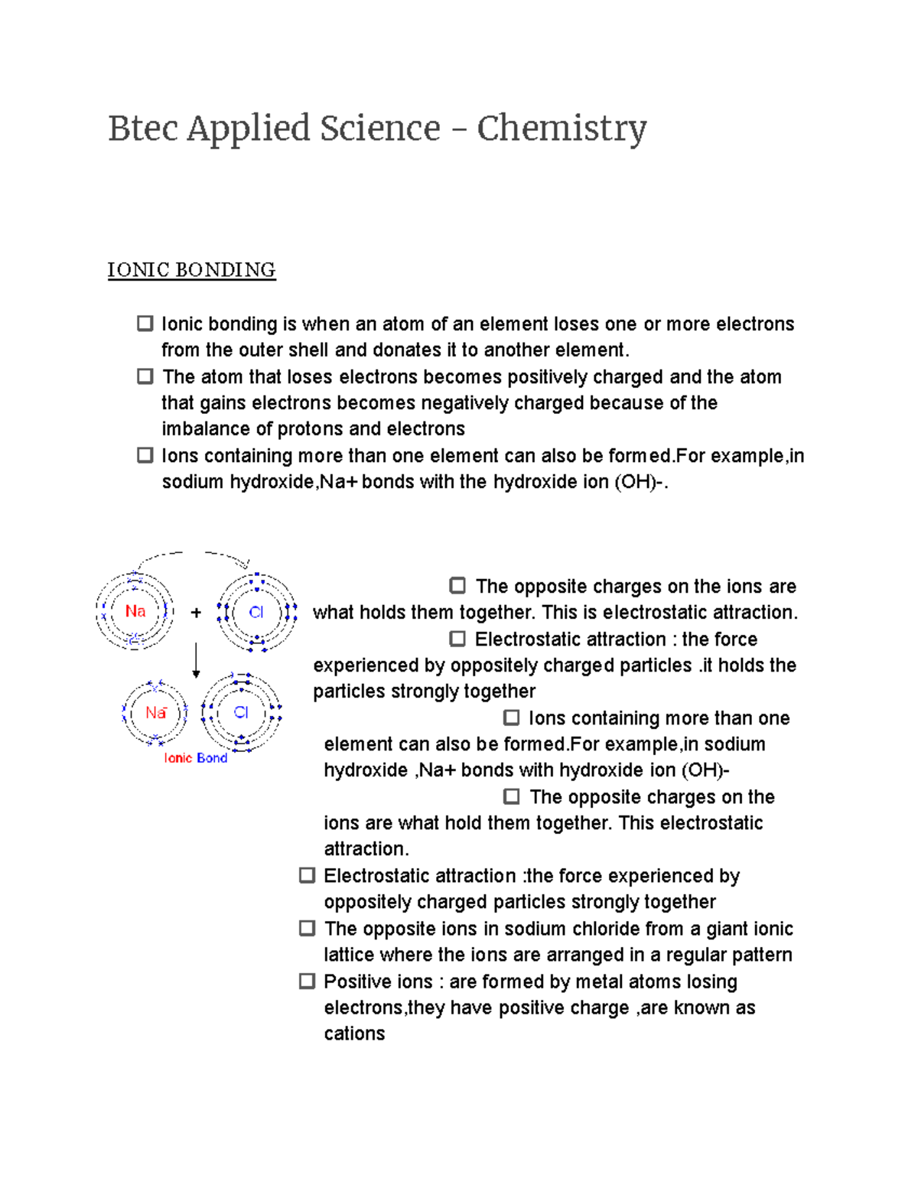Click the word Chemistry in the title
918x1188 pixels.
[562, 129]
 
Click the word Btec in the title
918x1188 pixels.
[142, 129]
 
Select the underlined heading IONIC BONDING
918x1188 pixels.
[191, 270]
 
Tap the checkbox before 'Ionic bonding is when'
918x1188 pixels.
[145, 324]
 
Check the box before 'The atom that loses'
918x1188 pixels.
[145, 376]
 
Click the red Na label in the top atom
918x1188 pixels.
[135, 611]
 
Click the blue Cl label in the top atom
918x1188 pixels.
[256, 612]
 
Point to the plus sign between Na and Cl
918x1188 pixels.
[196, 613]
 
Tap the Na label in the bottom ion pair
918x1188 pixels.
[155, 713]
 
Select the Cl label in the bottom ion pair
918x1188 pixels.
[241, 713]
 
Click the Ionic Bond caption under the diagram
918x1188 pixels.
[195, 758]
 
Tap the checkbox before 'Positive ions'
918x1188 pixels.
[307, 981]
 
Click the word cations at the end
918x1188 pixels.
[354, 1033]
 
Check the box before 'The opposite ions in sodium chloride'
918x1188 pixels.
[307, 928]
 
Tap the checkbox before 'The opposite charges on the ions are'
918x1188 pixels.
[457, 586]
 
